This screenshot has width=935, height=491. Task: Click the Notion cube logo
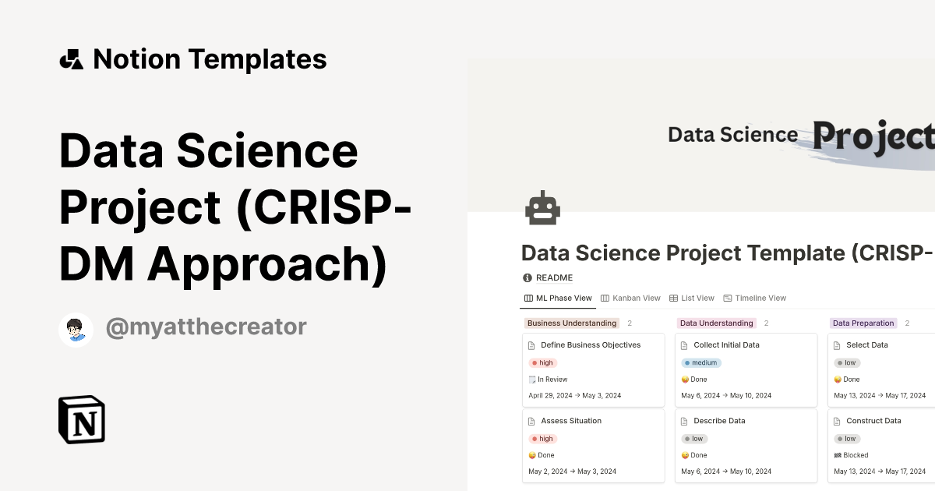pos(82,419)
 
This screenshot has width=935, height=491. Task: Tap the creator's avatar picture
pos(76,330)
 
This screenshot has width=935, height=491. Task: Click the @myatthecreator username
pos(206,327)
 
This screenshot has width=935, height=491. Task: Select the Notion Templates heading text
pos(210,59)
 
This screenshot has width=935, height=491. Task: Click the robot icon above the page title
pos(542,209)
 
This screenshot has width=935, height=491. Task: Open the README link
pos(554,277)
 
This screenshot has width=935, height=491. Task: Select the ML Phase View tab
pos(559,298)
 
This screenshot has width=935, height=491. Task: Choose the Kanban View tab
pos(630,298)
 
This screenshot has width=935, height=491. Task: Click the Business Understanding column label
pos(572,323)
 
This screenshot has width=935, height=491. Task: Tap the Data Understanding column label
pos(717,323)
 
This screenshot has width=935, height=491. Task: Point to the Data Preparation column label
pos(863,323)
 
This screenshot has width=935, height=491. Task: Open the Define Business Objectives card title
pos(591,344)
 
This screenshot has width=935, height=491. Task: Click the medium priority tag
pos(701,362)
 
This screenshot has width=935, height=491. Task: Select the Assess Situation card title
pos(571,421)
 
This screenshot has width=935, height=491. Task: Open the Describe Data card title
pos(719,421)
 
